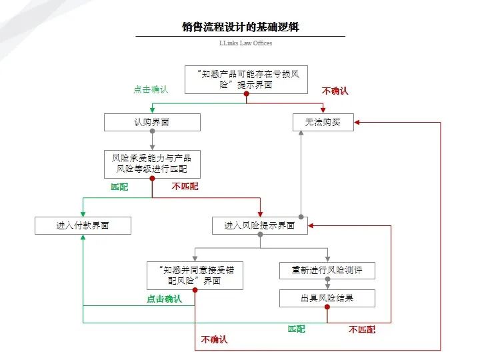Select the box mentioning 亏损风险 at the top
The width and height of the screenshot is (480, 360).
246,79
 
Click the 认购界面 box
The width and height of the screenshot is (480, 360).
152,123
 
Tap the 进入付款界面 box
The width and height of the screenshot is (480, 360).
83,226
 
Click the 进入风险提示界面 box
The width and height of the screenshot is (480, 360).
260,226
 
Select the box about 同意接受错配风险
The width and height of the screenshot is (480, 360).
195,275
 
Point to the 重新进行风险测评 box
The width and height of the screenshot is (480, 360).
327,271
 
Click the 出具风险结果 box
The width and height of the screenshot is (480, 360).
327,298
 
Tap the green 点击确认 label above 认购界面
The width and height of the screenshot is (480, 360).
151,89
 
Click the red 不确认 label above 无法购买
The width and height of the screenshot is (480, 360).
335,91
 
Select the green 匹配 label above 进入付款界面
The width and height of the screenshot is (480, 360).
119,187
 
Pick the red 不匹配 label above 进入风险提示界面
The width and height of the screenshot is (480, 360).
185,187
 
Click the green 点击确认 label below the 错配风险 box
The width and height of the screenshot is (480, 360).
164,299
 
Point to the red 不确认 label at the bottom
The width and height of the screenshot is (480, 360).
214,340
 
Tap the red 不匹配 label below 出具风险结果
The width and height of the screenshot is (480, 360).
361,329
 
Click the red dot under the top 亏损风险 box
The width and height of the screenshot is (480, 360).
246,95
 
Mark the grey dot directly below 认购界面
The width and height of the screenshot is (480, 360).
152,131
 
